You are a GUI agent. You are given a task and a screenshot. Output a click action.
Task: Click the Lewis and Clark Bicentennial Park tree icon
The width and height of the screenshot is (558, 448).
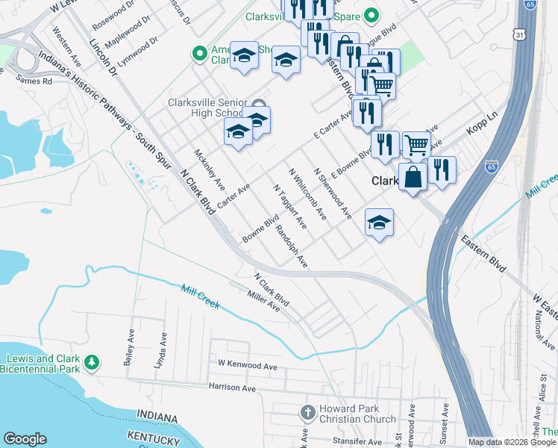(x=92, y=362)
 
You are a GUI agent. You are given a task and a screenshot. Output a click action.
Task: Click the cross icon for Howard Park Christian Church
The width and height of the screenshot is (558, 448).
(x=307, y=412)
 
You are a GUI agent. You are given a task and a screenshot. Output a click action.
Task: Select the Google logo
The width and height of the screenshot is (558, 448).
(x=25, y=439)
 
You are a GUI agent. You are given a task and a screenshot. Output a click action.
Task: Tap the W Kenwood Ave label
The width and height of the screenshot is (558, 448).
(x=247, y=365)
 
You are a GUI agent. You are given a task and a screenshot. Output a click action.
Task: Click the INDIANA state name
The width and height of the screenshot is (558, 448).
(x=157, y=416)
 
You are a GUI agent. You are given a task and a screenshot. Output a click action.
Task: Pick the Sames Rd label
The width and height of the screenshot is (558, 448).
(x=34, y=79)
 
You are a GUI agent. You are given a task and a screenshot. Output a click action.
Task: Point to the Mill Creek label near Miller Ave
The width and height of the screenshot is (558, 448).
(x=200, y=296)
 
